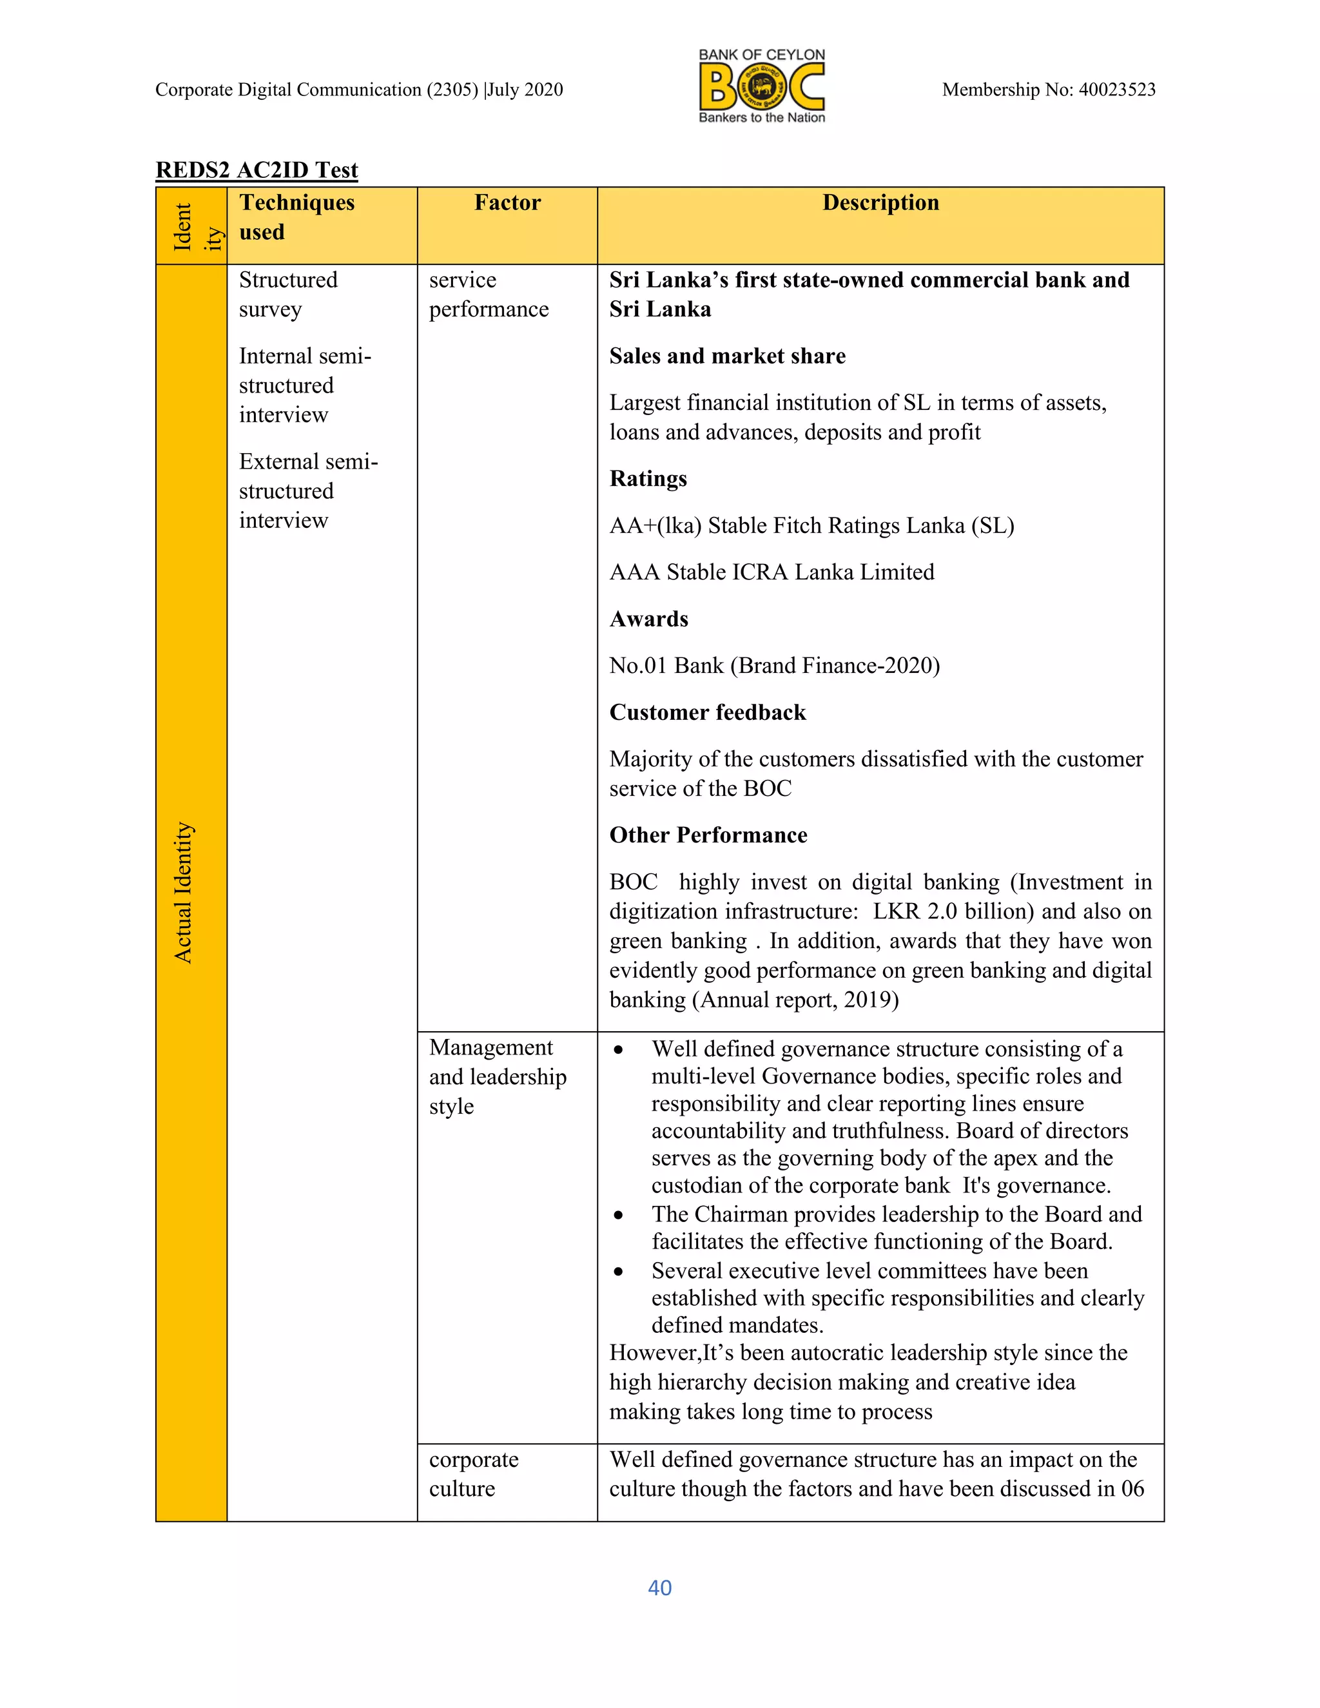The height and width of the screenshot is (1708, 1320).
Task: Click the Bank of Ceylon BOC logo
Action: coord(762,86)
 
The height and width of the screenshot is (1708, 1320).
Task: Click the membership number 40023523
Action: coord(1117,90)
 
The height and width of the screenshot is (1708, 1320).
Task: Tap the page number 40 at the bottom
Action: coord(659,1587)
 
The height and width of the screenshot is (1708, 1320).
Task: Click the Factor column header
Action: coord(507,202)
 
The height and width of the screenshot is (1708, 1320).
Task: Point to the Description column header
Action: coord(880,202)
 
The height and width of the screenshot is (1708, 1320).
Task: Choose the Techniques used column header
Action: coord(296,217)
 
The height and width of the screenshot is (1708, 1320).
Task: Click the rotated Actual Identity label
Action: coord(183,892)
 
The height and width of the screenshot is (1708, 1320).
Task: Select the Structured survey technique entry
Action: coord(287,294)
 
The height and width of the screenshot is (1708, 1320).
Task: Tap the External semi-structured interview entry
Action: coord(308,490)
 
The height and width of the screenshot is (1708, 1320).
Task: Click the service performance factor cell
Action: coord(488,294)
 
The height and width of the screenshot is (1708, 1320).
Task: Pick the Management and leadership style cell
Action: coord(498,1076)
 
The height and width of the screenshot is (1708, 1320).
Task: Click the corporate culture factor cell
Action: coord(473,1473)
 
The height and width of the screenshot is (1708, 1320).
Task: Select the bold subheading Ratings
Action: coord(648,479)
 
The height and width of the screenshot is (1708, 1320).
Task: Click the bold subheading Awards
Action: coord(648,619)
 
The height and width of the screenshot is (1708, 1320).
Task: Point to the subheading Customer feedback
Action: coord(707,712)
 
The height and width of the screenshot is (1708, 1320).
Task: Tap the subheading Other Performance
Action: coord(708,835)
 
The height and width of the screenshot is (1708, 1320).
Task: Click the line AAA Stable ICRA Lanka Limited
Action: coord(771,572)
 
